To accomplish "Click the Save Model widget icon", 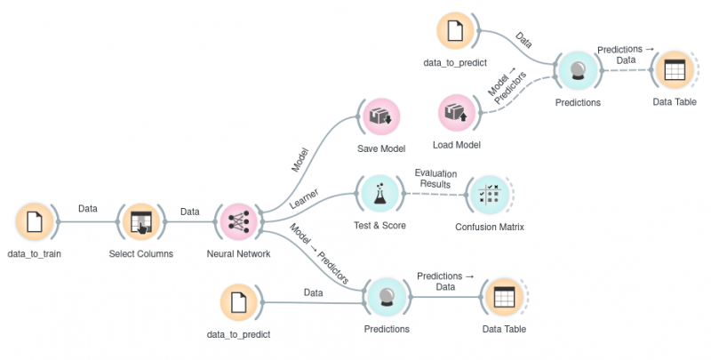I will pos(379,116).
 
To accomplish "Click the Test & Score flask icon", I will pos(379,192).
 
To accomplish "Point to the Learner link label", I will pos(306,202).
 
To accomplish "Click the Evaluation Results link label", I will pos(435,179).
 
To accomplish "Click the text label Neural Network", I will pos(238,254).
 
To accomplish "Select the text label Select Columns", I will pos(140,254).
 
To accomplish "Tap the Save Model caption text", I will pos(380,148).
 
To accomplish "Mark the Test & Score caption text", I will pos(379,225).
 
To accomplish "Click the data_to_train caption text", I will pos(34,254).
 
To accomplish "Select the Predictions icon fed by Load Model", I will pos(578,70).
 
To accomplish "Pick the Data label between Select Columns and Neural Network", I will pos(189,212).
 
